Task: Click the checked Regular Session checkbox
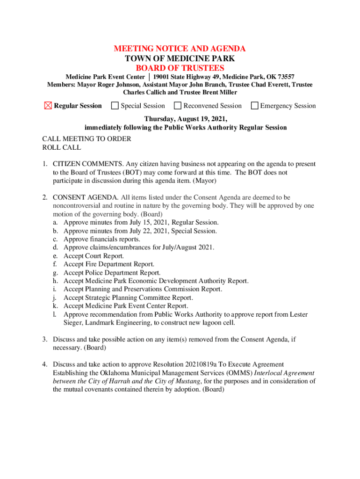(x=48, y=106)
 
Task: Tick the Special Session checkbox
(x=115, y=106)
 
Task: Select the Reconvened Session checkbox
(x=178, y=106)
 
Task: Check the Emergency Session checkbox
(x=255, y=106)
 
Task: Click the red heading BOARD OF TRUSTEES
(x=180, y=68)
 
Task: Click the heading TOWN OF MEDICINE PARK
(x=180, y=58)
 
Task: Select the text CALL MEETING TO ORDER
(x=86, y=139)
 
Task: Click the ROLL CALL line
(x=61, y=147)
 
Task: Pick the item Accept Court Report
(x=94, y=256)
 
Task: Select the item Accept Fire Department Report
(x=108, y=264)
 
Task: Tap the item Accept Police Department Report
(x=112, y=273)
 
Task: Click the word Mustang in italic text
(x=187, y=381)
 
